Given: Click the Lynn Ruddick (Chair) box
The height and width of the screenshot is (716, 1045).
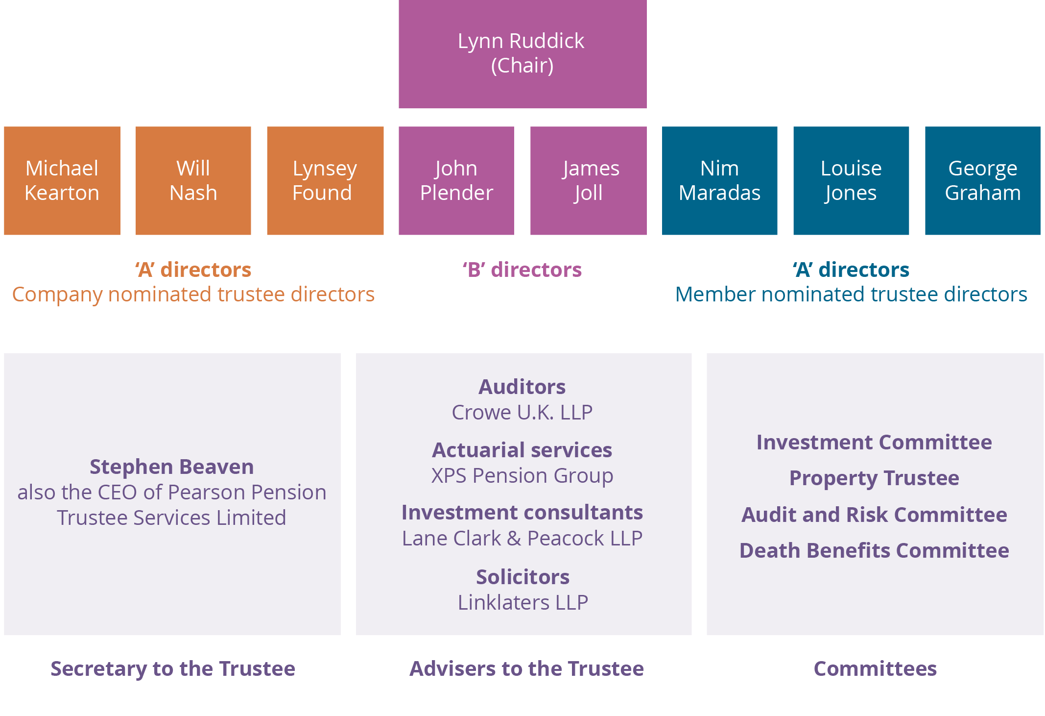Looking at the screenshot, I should tap(522, 53).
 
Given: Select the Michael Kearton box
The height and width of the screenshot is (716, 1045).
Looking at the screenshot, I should tap(62, 180).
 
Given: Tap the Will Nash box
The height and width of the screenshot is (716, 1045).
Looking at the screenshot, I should tap(193, 180).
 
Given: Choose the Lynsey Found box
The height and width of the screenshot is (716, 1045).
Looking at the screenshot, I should tap(325, 180).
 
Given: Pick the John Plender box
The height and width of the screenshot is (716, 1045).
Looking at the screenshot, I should tap(456, 180).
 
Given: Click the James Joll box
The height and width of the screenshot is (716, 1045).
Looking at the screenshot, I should tap(588, 180).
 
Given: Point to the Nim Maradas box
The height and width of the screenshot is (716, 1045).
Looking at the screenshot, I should tap(719, 180).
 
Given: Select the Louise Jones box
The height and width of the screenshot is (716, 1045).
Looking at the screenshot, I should tap(851, 180).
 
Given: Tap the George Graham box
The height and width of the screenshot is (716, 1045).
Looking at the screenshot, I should tap(982, 180).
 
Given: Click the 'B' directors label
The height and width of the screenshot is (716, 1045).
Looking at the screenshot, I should tap(522, 270).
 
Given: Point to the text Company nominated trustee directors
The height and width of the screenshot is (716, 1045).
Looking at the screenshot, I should tap(193, 295).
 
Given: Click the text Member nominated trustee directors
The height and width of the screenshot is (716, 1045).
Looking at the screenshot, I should tap(851, 295).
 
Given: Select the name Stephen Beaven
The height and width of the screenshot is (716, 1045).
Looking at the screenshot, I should tap(171, 467).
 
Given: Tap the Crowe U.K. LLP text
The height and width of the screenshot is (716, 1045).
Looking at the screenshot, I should tap(522, 413).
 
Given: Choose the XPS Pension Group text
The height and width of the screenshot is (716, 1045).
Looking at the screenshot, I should tap(522, 476).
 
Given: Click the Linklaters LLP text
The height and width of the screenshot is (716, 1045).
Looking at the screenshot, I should tap(522, 603).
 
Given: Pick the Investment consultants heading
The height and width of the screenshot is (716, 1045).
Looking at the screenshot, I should tap(522, 513).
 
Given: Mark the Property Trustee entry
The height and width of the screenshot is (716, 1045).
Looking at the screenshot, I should tap(874, 478).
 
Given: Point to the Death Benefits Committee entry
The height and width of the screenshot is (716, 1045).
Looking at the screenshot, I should tap(874, 551).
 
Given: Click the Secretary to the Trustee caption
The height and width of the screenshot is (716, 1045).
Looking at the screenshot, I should tap(173, 669).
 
